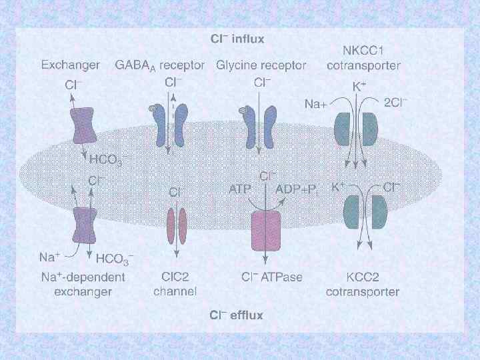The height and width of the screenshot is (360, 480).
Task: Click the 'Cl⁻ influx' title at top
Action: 237,39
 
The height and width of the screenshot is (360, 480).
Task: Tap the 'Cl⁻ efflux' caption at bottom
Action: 237,315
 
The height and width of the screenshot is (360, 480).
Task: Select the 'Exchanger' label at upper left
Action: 71,65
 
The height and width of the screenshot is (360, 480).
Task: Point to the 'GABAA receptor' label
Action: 161,65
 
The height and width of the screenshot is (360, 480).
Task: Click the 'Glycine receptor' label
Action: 261,65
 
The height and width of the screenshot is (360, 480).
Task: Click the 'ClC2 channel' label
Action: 175,285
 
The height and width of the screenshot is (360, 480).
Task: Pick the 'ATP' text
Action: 241,189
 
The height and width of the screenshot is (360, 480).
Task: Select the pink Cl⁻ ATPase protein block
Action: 266,230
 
